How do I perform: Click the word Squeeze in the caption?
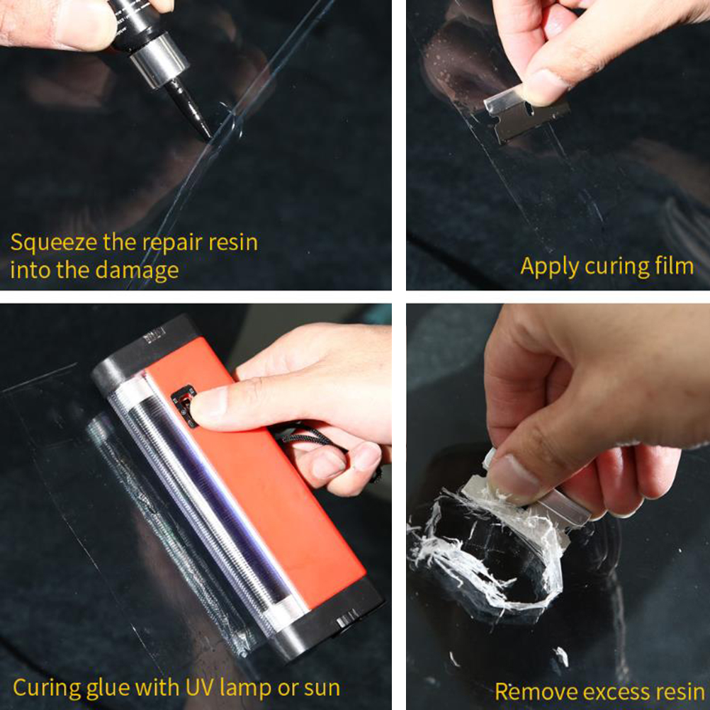coord(54,243)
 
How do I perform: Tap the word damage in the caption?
coord(137,270)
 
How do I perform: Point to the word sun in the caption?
coord(322,688)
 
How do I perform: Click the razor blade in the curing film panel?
coord(525,113)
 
